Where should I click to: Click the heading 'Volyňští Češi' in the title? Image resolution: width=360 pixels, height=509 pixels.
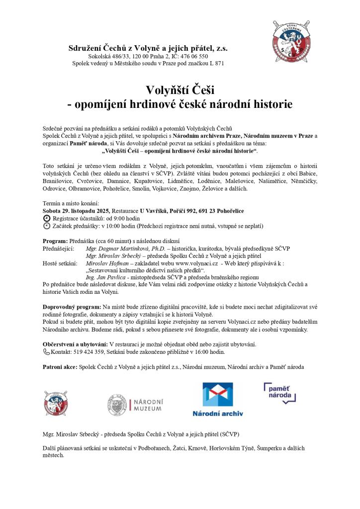180,90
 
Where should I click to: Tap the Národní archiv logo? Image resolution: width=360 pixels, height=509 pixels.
218,399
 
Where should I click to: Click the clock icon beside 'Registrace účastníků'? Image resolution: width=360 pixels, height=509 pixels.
47,218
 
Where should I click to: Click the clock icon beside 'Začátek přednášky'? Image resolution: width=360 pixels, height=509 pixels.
47,226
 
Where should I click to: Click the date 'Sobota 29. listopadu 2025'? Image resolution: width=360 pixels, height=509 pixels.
77,211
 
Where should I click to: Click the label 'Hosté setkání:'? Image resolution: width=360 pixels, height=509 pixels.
60,263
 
